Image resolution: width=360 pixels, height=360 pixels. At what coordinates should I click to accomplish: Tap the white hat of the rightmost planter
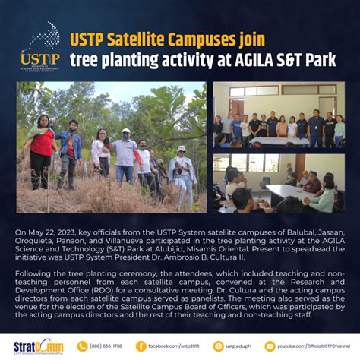(x=181, y=149)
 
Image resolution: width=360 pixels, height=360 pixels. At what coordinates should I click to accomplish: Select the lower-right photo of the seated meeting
(x=278, y=183)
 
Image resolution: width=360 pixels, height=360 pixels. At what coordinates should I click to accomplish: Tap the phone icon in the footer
(x=82, y=346)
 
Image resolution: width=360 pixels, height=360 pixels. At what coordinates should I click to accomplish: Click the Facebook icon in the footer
(x=141, y=346)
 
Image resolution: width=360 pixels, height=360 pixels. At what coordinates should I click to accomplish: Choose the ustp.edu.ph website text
(x=237, y=346)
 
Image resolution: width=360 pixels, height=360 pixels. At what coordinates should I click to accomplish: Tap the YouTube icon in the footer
(x=270, y=346)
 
